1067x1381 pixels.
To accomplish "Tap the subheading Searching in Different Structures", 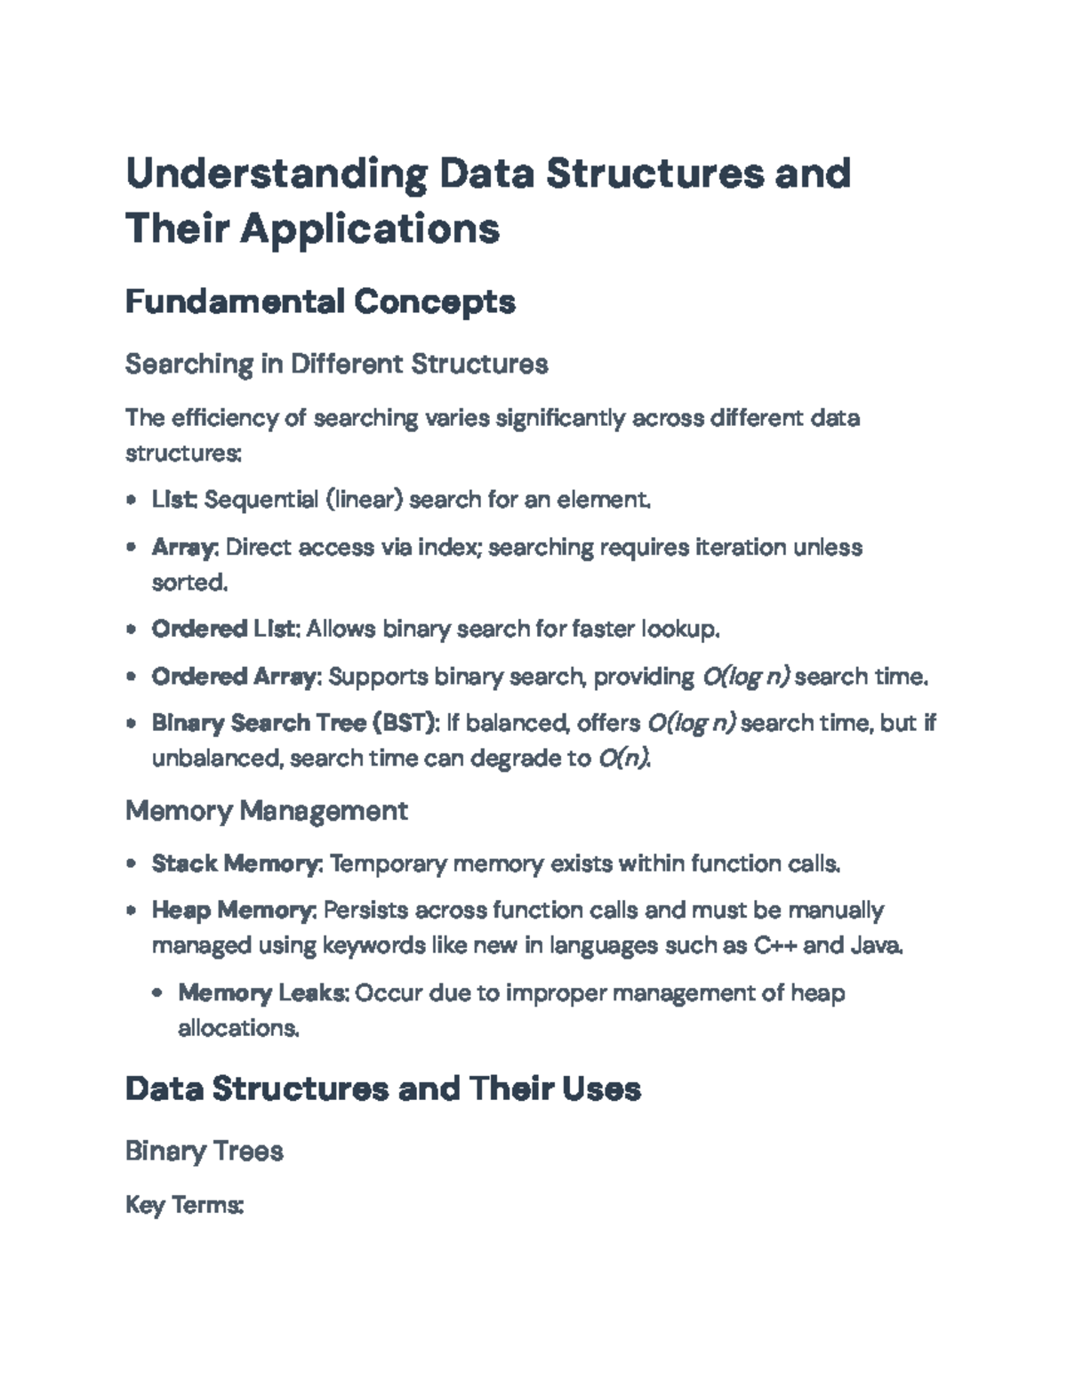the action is point(336,364).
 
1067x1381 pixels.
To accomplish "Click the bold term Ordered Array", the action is point(234,677).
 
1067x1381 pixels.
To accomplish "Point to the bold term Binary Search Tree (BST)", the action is point(295,723).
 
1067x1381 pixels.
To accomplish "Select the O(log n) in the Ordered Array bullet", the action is point(745,677).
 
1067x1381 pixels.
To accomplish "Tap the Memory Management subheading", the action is point(266,810).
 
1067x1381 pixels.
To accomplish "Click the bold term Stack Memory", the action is point(236,863).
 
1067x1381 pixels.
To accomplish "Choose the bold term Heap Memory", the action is point(233,911).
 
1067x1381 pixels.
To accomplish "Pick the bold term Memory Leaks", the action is point(261,992).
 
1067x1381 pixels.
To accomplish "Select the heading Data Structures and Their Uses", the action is point(382,1088).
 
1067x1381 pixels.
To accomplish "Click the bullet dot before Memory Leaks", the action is point(157,993).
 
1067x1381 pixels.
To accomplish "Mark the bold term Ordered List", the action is point(224,630).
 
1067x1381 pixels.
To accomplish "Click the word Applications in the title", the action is point(370,229).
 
